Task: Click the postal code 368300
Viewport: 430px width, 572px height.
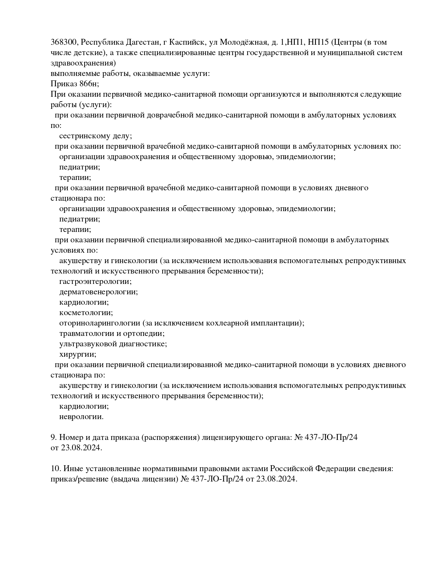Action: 64,42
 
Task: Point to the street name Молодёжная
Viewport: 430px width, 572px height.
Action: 244,42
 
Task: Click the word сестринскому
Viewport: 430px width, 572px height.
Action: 84,136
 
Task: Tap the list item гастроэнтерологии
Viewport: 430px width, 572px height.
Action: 95,281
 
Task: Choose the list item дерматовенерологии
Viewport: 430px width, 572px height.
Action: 98,292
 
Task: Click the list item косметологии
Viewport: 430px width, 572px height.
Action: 86,313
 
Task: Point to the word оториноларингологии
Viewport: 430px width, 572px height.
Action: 100,323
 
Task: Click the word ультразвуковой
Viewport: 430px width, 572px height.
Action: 88,344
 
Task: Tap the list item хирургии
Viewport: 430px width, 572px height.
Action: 77,354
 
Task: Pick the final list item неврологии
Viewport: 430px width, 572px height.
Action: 81,417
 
